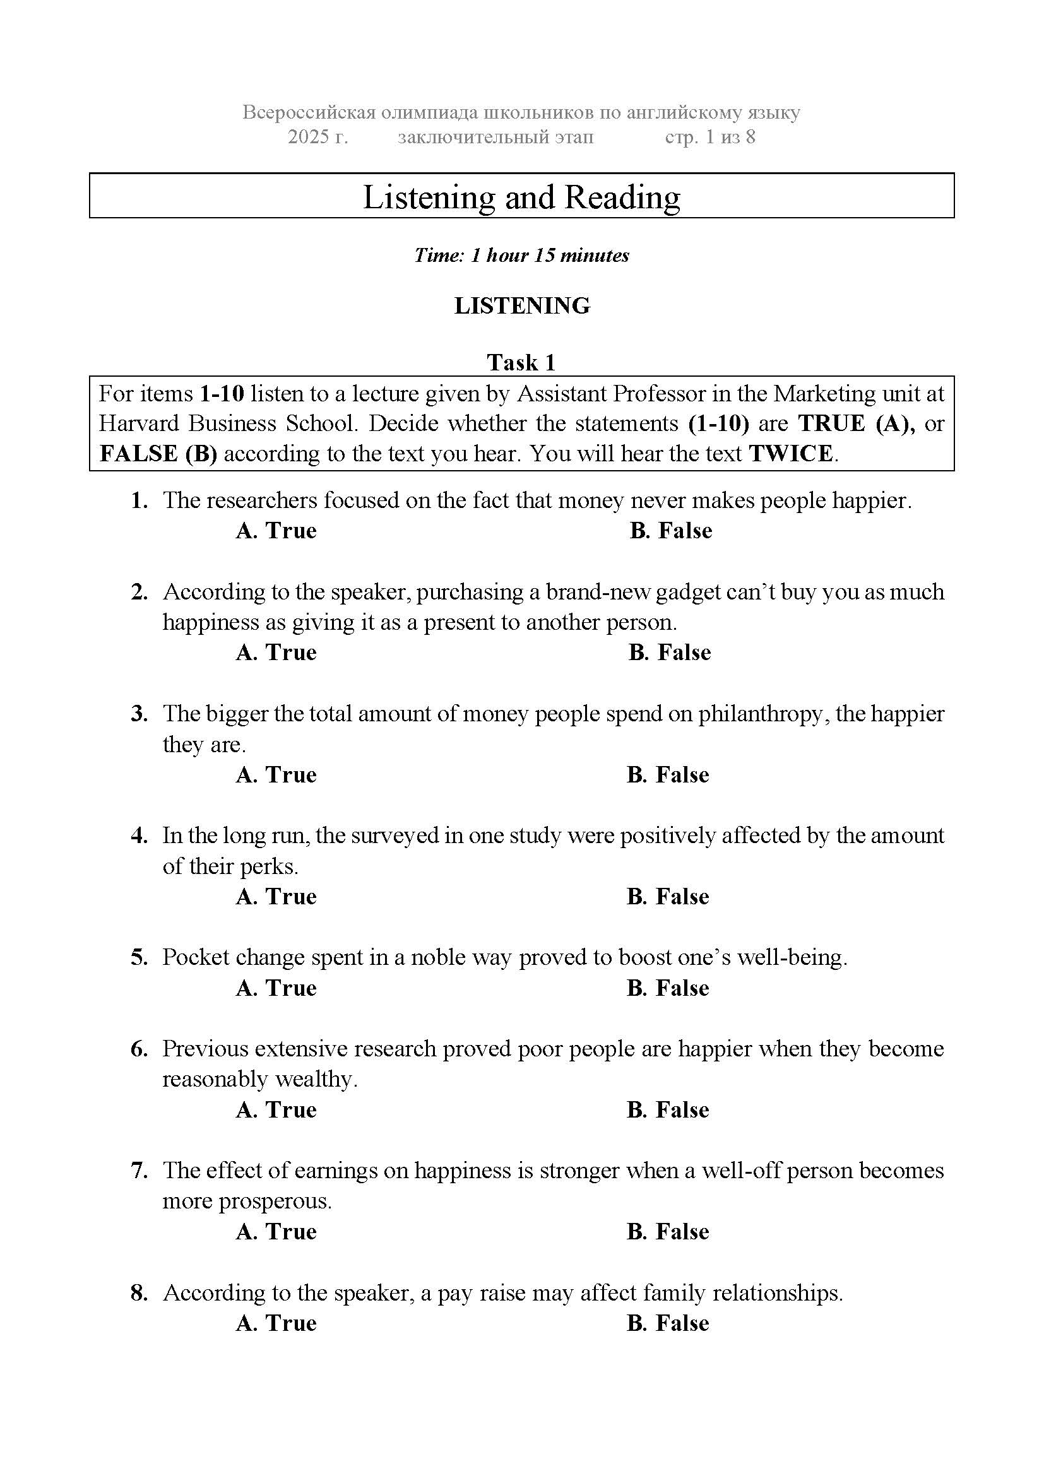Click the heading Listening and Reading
pyautogui.click(x=521, y=197)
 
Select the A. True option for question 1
pyautogui.click(x=276, y=531)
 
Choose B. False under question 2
pyautogui.click(x=669, y=652)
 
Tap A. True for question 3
pyautogui.click(x=276, y=775)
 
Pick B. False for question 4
pyautogui.click(x=667, y=897)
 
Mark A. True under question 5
pyautogui.click(x=276, y=988)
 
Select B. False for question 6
pyautogui.click(x=667, y=1110)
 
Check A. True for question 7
pyautogui.click(x=276, y=1232)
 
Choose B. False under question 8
pyautogui.click(x=667, y=1324)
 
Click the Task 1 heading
pyautogui.click(x=521, y=363)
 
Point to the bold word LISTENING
pyautogui.click(x=521, y=305)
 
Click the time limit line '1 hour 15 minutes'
pyautogui.click(x=521, y=255)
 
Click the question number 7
pyautogui.click(x=139, y=1171)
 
